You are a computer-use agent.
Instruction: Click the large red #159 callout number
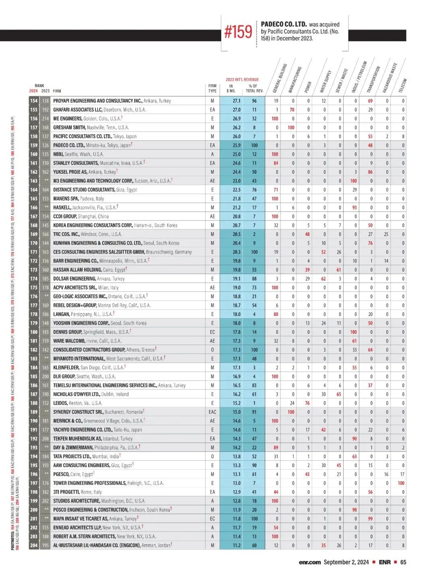(238, 32)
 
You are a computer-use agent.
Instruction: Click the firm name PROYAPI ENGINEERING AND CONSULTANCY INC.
(97, 101)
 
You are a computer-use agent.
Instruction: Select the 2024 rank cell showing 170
(34, 243)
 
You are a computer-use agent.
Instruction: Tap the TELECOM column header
(403, 85)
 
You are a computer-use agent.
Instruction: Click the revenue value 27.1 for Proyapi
(236, 101)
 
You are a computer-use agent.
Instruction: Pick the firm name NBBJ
(58, 154)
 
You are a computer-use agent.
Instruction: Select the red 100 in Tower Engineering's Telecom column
(401, 483)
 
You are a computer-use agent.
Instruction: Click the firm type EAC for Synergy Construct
(212, 412)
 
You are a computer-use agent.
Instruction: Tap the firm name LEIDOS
(60, 403)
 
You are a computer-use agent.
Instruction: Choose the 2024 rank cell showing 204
(34, 545)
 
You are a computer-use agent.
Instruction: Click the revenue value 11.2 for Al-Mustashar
(236, 545)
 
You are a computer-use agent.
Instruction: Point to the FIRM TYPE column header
(212, 88)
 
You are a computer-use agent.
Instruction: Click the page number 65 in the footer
(403, 562)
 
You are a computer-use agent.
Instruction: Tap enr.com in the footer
(310, 562)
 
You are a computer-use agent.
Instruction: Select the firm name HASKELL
(62, 208)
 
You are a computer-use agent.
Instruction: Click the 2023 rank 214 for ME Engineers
(46, 118)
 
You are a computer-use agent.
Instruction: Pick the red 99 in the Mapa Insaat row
(370, 519)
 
